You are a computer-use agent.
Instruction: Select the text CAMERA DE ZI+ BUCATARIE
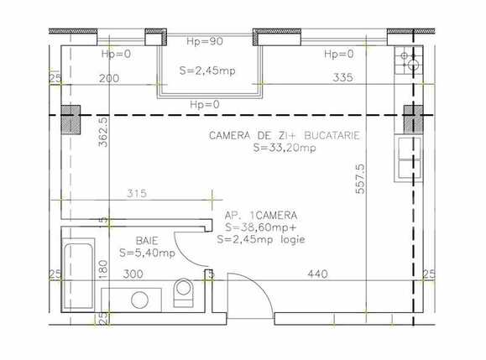pos(285,135)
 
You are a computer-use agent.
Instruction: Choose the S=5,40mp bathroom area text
pos(147,252)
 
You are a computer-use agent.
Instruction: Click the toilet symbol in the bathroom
pos(183,291)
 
